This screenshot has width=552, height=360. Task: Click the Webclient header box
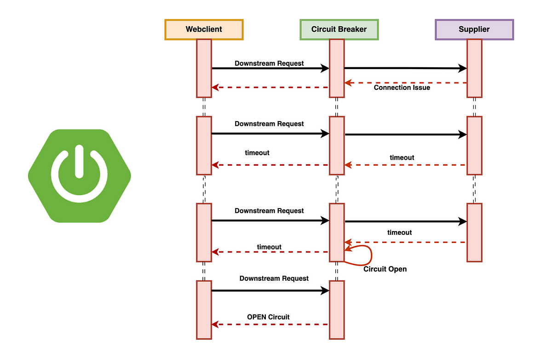204,29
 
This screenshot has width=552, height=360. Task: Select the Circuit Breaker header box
339,29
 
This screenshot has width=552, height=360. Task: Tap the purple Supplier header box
474,29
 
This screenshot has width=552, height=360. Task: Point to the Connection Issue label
402,87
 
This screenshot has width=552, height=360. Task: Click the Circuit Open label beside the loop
385,269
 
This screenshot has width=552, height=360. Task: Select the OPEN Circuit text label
268,317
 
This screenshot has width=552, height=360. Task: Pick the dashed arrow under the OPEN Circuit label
270,325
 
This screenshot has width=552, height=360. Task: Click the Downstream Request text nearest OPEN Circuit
274,279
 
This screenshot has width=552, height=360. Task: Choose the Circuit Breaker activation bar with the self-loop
337,232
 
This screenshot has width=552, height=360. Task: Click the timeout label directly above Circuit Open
399,232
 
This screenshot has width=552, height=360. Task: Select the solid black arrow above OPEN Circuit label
270,290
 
